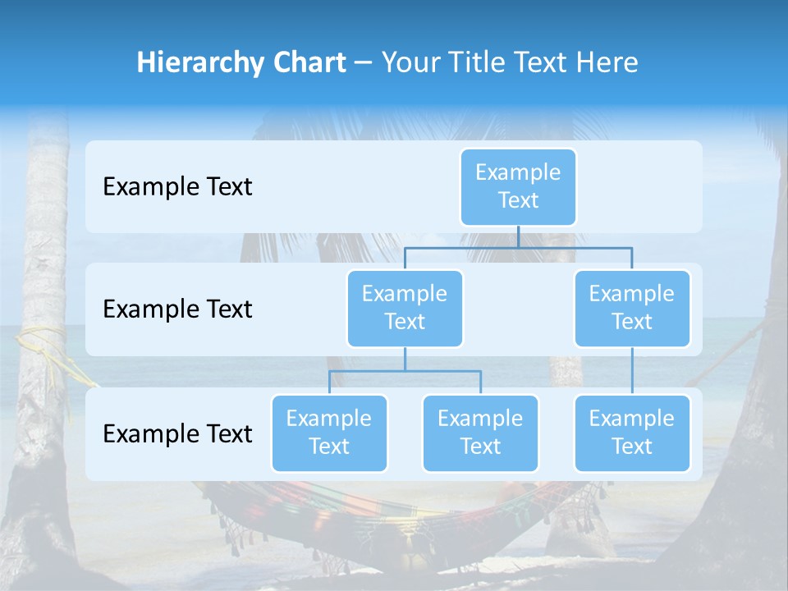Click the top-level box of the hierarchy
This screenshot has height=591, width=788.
point(518,186)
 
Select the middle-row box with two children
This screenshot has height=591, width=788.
point(405,308)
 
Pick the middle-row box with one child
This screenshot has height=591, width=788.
point(631,308)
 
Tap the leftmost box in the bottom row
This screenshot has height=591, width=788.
point(329,433)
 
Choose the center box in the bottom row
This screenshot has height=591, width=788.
point(480,433)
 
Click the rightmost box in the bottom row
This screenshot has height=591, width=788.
point(631,433)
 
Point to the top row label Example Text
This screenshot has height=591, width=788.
point(177,186)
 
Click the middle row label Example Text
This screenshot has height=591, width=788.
point(177,309)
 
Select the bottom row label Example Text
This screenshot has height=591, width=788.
point(177,433)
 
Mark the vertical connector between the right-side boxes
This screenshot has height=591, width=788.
point(631,371)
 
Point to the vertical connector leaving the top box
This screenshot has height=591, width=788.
point(518,236)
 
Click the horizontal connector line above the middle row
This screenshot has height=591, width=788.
point(518,247)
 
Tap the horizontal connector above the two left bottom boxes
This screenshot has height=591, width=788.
point(405,371)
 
